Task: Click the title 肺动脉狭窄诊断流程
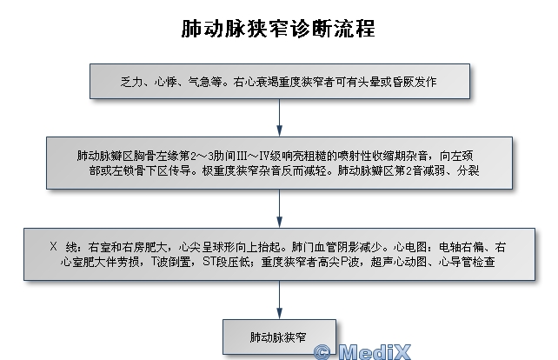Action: click(x=278, y=29)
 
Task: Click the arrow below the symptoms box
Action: click(x=279, y=117)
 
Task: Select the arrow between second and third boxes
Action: click(x=279, y=209)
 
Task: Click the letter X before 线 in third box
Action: click(x=53, y=246)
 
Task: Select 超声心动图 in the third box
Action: click(x=399, y=262)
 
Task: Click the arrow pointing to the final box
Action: click(x=279, y=300)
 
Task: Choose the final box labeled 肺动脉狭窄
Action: click(x=279, y=337)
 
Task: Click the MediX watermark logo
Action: click(x=362, y=352)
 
